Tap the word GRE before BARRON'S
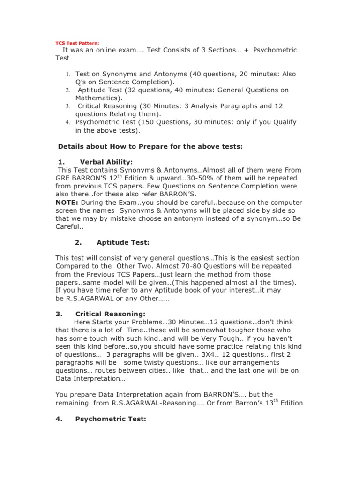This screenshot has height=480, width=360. tap(63, 178)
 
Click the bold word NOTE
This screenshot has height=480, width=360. tap(66, 202)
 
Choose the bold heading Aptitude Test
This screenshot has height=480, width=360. tap(123, 242)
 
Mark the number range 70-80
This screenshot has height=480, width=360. tap(161, 266)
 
